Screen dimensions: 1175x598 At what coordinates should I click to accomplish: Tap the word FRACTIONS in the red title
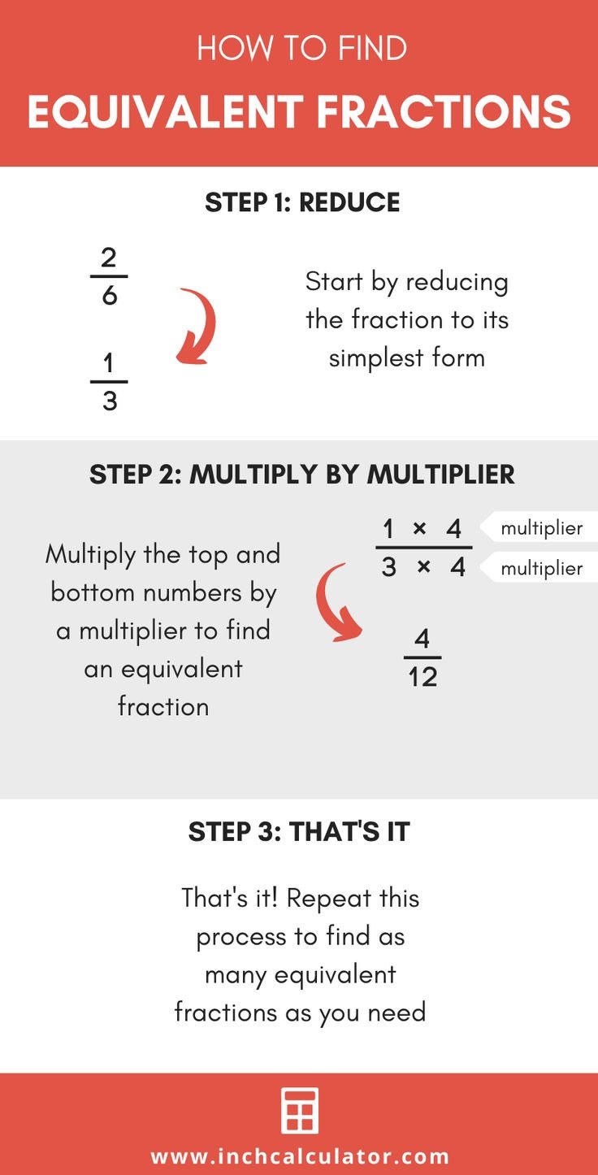(x=444, y=112)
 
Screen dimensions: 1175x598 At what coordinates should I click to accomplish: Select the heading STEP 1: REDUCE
(x=302, y=202)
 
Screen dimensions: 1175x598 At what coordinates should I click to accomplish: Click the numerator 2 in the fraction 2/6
(x=109, y=258)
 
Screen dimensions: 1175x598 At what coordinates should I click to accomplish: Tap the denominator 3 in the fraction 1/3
(x=110, y=401)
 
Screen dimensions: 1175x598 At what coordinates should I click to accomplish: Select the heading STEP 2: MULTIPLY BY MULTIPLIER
(x=302, y=475)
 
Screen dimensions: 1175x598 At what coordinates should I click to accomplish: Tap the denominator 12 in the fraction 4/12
(x=423, y=676)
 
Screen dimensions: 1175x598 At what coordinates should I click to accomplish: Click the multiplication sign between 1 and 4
(x=420, y=529)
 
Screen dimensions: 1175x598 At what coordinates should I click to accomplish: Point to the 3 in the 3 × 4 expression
(x=389, y=567)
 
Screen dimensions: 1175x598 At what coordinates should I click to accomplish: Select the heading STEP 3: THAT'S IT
(x=299, y=831)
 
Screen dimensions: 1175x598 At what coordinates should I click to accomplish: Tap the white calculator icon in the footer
(x=299, y=1111)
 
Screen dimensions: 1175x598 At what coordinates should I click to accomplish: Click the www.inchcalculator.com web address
(x=300, y=1156)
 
